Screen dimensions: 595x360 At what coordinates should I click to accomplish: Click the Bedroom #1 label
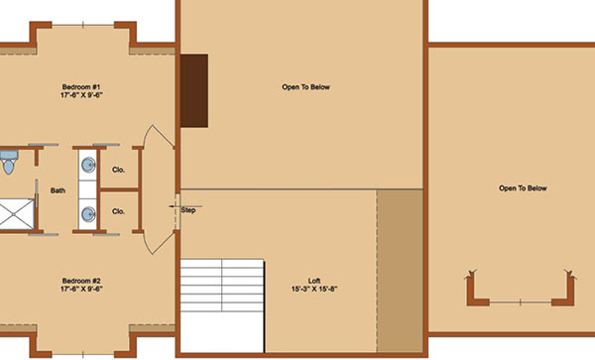point(81,87)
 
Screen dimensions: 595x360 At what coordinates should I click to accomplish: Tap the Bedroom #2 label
point(81,281)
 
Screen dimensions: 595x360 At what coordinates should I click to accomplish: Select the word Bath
point(58,190)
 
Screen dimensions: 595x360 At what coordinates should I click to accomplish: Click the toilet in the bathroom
point(8,162)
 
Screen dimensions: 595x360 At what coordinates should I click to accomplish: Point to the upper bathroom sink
point(89,165)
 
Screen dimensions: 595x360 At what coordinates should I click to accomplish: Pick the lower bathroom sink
point(89,214)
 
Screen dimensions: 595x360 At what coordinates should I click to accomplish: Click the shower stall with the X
point(17,214)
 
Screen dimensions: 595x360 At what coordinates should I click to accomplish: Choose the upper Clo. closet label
point(118,170)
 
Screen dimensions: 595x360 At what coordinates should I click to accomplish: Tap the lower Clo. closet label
point(118,211)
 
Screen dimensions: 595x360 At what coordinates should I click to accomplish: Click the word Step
point(188,210)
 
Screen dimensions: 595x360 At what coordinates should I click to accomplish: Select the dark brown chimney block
point(194,90)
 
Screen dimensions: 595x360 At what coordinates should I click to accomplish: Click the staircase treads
point(222,286)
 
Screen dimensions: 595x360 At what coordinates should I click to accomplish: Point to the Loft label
point(314,281)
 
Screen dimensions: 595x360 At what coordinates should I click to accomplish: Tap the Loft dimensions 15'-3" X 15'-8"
point(314,289)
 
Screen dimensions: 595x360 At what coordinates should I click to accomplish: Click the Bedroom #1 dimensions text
point(81,95)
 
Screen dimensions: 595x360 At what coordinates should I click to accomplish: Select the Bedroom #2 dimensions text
point(81,289)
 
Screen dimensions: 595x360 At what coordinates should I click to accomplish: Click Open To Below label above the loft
point(305,87)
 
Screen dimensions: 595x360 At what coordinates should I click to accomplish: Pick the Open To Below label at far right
point(523,188)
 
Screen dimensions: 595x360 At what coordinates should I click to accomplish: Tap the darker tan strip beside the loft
point(400,271)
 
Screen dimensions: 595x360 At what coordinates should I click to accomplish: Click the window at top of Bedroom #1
point(83,25)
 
